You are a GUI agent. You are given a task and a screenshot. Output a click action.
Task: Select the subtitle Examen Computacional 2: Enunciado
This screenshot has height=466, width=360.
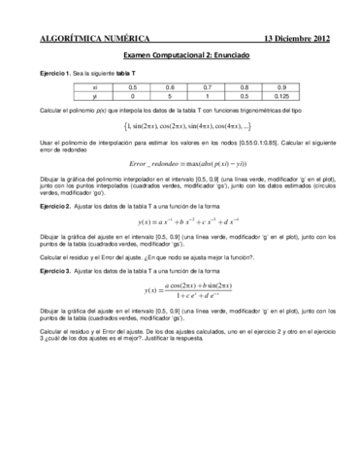coord(180,57)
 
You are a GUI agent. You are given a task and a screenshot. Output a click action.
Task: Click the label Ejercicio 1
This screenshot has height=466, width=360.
coord(57,74)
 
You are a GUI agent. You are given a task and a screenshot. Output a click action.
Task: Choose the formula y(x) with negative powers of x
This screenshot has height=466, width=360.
coord(180,250)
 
